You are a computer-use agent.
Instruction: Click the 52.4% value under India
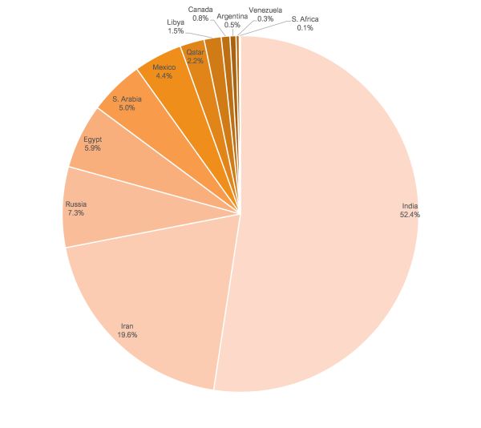410,215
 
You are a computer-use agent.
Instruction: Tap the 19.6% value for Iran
127,335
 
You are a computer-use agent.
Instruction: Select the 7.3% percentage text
75,213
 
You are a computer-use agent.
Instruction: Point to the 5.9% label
91,148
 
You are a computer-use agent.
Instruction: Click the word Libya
176,22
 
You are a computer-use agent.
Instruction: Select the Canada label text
200,9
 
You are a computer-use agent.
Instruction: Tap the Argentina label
232,16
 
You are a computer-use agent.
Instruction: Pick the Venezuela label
265,10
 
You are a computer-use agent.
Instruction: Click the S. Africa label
305,18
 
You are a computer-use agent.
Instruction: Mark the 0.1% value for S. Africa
305,27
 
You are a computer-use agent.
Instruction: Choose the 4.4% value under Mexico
164,76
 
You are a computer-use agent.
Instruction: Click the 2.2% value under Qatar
196,61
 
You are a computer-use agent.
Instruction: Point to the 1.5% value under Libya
176,30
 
